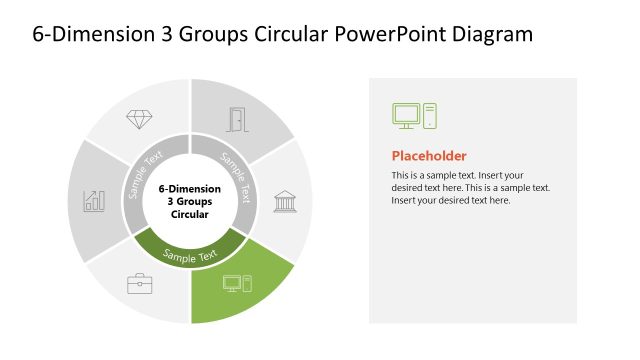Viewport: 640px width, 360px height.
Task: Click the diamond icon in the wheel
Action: (x=139, y=119)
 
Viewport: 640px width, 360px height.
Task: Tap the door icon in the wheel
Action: (x=238, y=119)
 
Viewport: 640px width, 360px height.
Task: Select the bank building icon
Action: (x=284, y=200)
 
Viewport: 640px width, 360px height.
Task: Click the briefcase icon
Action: (x=139, y=283)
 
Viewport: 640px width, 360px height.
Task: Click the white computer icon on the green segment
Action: (x=238, y=283)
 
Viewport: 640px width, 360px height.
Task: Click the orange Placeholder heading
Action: (x=428, y=156)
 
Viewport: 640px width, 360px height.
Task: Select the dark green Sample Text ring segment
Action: (x=190, y=252)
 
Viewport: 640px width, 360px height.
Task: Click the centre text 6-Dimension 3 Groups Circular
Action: (x=190, y=201)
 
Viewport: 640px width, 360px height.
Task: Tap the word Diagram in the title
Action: (x=491, y=35)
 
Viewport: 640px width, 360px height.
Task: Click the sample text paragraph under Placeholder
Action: (x=470, y=188)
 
